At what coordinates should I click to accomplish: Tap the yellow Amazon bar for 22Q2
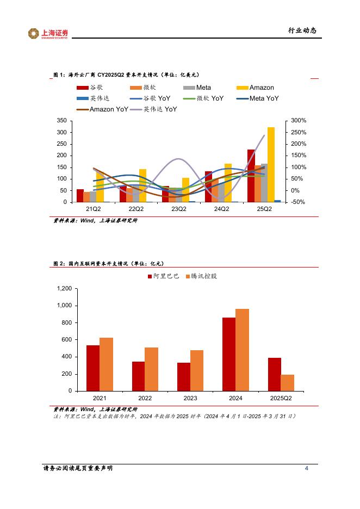click(x=142, y=185)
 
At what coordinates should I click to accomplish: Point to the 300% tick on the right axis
click(x=299, y=120)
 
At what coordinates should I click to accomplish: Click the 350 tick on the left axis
click(x=62, y=120)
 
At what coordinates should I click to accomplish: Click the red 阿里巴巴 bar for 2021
click(x=93, y=368)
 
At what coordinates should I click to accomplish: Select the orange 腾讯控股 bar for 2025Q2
click(x=287, y=382)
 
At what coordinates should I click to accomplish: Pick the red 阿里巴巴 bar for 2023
click(x=184, y=376)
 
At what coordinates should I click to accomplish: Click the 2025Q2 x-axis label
click(x=281, y=399)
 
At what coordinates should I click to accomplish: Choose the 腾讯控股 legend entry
click(x=201, y=276)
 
